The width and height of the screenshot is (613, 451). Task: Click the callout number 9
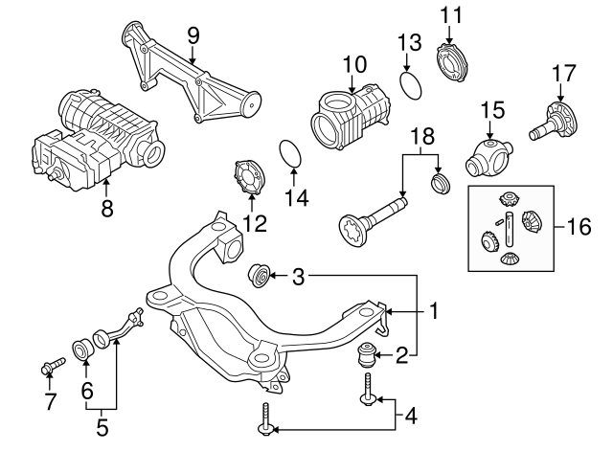(x=192, y=36)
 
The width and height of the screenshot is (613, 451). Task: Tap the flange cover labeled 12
(x=251, y=180)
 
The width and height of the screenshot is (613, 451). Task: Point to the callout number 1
(x=433, y=311)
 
